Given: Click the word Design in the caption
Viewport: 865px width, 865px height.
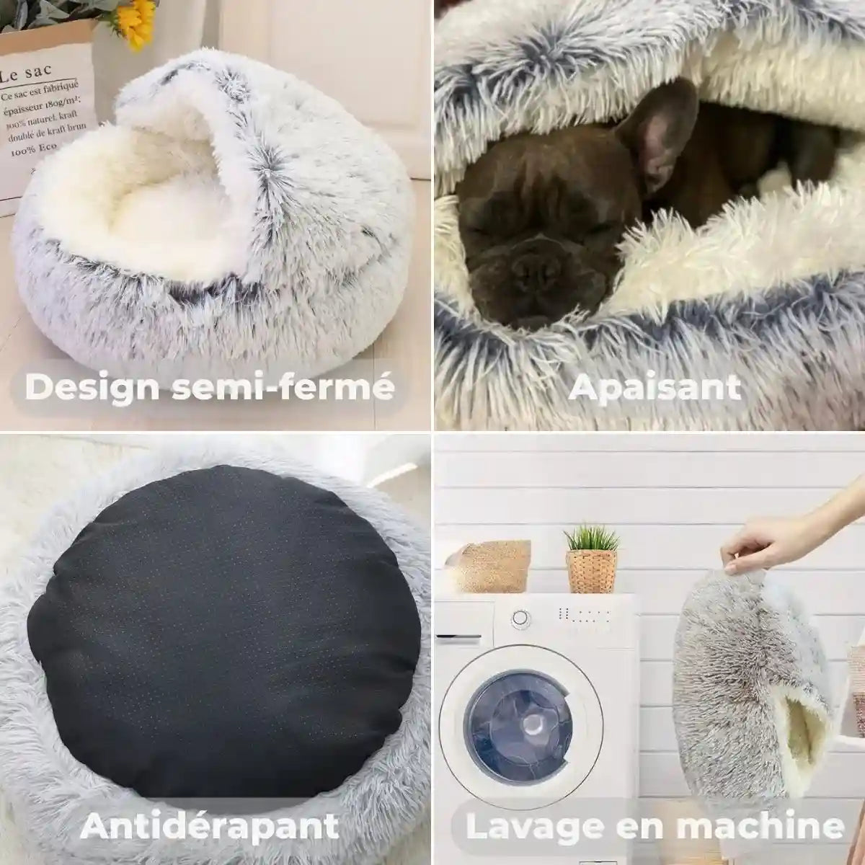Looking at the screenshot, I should coord(93,387).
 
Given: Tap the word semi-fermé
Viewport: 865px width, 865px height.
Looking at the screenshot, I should coord(283,387).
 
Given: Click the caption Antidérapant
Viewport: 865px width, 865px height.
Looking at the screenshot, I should coord(209,825).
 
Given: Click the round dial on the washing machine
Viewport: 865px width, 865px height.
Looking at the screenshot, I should coord(520,618).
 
